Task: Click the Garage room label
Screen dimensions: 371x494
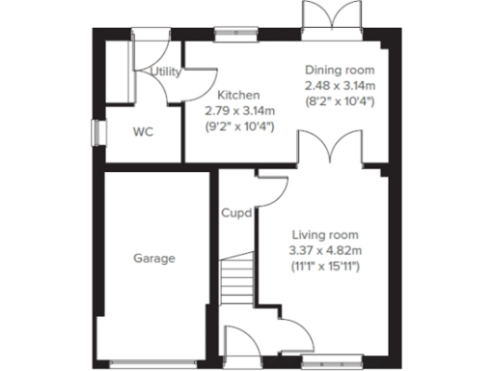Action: pos(153,258)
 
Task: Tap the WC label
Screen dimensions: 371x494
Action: pos(143,131)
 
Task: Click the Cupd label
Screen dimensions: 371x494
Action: pos(236,213)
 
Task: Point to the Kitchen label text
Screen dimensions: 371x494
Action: pos(237,95)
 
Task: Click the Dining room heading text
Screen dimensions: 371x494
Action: pos(340,71)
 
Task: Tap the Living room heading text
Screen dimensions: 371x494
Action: pos(323,235)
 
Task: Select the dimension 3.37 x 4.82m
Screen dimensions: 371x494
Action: pos(323,250)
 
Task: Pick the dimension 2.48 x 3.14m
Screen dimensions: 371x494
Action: pos(340,86)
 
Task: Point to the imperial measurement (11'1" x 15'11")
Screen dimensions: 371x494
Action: pos(323,266)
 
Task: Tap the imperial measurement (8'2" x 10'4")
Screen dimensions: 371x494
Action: pos(340,101)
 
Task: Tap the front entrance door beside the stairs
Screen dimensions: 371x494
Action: pos(235,344)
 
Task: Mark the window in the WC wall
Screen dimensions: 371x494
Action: pos(96,132)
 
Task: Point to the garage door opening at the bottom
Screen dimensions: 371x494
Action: pos(153,361)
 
